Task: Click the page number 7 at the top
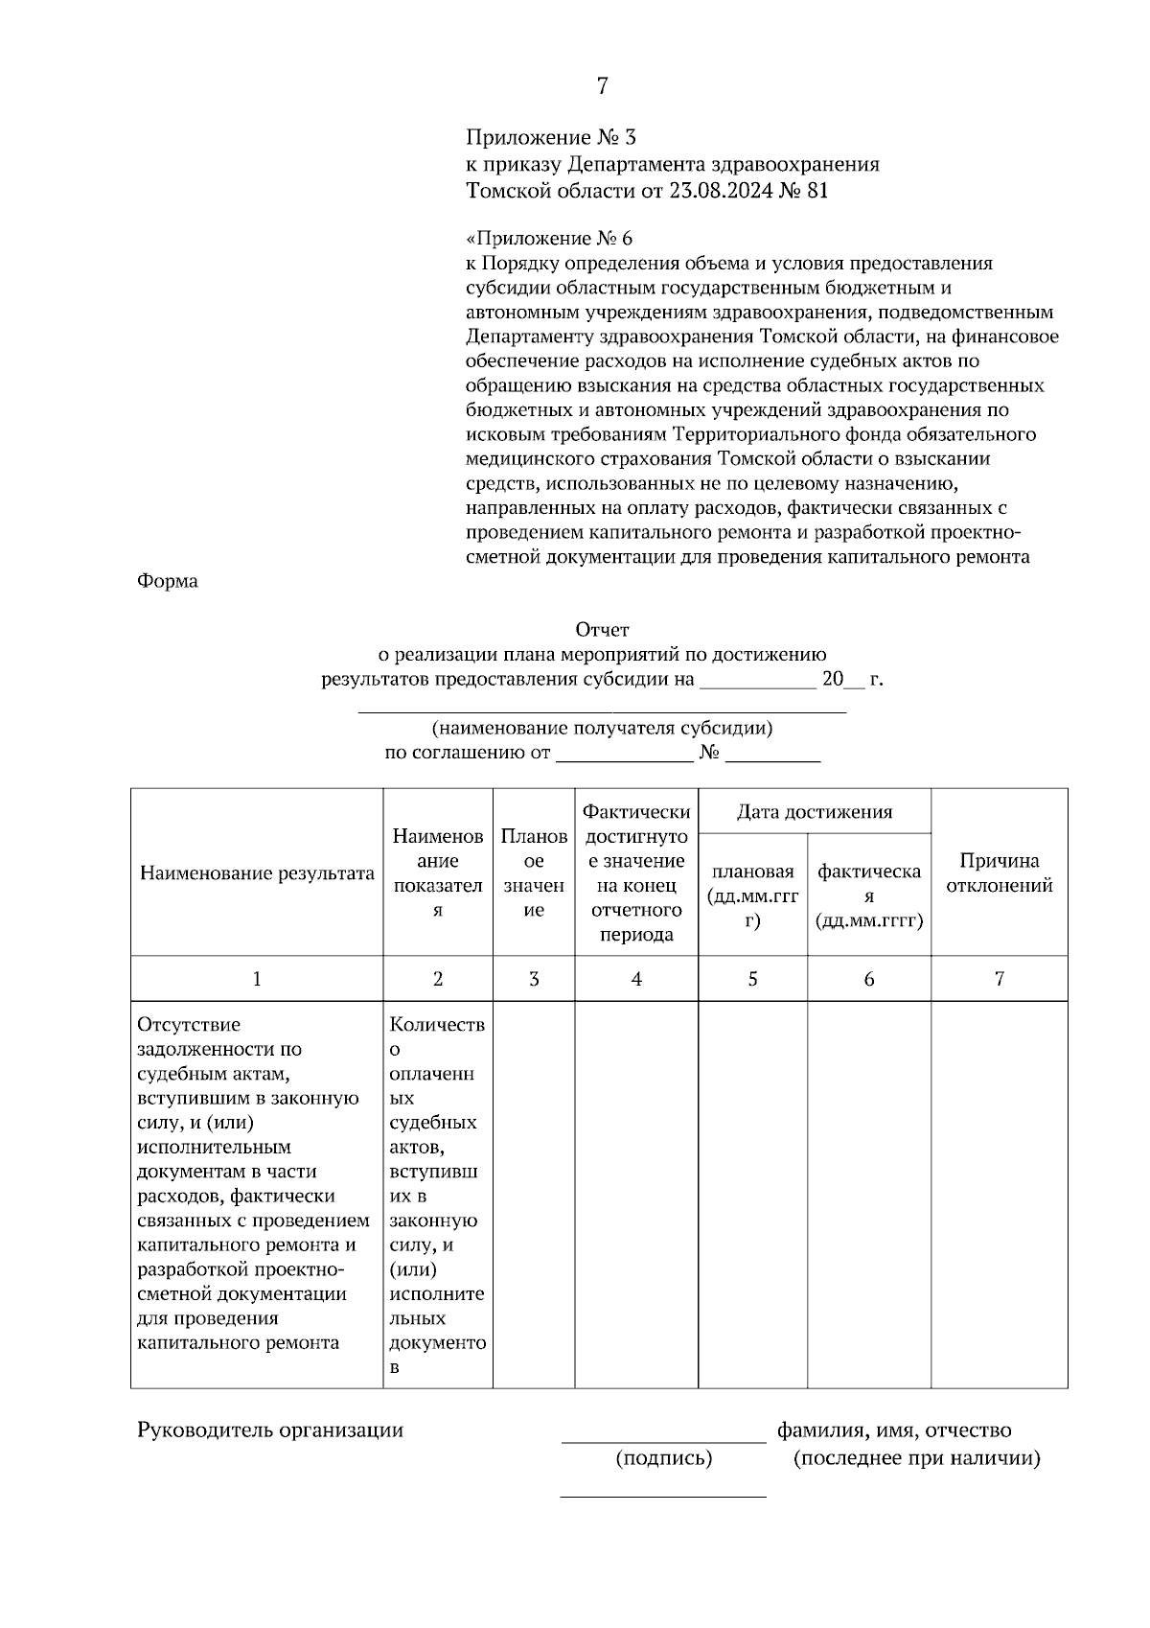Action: (x=602, y=86)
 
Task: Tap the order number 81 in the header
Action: (x=817, y=190)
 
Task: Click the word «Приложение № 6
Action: (x=549, y=238)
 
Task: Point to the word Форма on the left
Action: (x=168, y=581)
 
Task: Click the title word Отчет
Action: (x=602, y=630)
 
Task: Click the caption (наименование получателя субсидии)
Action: (x=602, y=728)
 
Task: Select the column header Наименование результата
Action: (x=257, y=872)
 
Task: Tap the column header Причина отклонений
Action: (x=999, y=872)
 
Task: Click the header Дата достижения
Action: (x=814, y=812)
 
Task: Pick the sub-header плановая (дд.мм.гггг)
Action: (x=752, y=895)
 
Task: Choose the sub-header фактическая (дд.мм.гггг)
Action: (x=868, y=895)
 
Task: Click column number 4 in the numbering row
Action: (x=636, y=979)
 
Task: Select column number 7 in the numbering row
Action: (x=999, y=979)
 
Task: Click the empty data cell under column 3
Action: (x=534, y=1194)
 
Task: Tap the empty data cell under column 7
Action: (x=999, y=1194)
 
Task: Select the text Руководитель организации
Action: (x=270, y=1430)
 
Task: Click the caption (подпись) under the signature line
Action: (x=663, y=1458)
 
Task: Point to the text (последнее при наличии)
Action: (x=916, y=1458)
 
